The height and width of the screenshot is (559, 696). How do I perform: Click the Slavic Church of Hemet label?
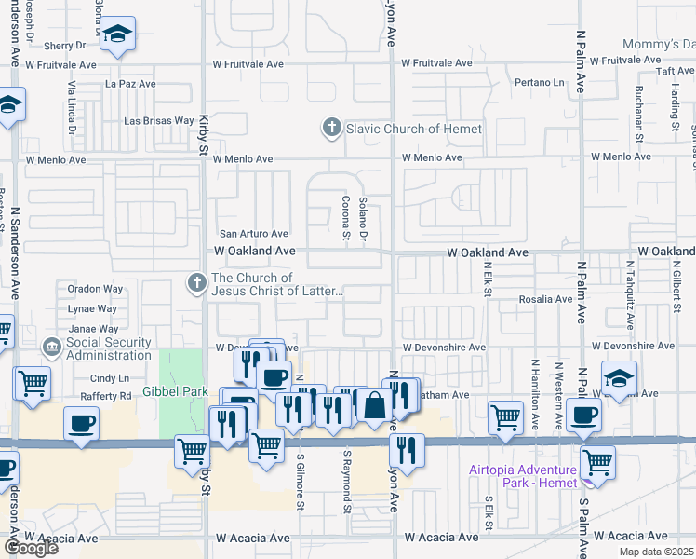[x=414, y=129]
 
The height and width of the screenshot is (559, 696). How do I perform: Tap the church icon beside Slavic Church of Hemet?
[x=331, y=128]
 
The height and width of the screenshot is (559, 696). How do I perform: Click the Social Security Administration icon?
[x=52, y=348]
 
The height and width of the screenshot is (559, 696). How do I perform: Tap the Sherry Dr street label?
[x=64, y=45]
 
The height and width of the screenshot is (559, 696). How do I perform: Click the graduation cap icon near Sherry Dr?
[x=117, y=35]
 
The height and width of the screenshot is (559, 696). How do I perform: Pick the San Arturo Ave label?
[x=253, y=234]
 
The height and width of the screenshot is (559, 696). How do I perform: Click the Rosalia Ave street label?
[x=551, y=299]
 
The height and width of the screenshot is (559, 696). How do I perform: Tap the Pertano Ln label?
[x=540, y=83]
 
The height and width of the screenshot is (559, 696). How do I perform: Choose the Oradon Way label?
[x=91, y=288]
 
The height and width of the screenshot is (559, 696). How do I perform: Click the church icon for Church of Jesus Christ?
[x=195, y=281]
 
